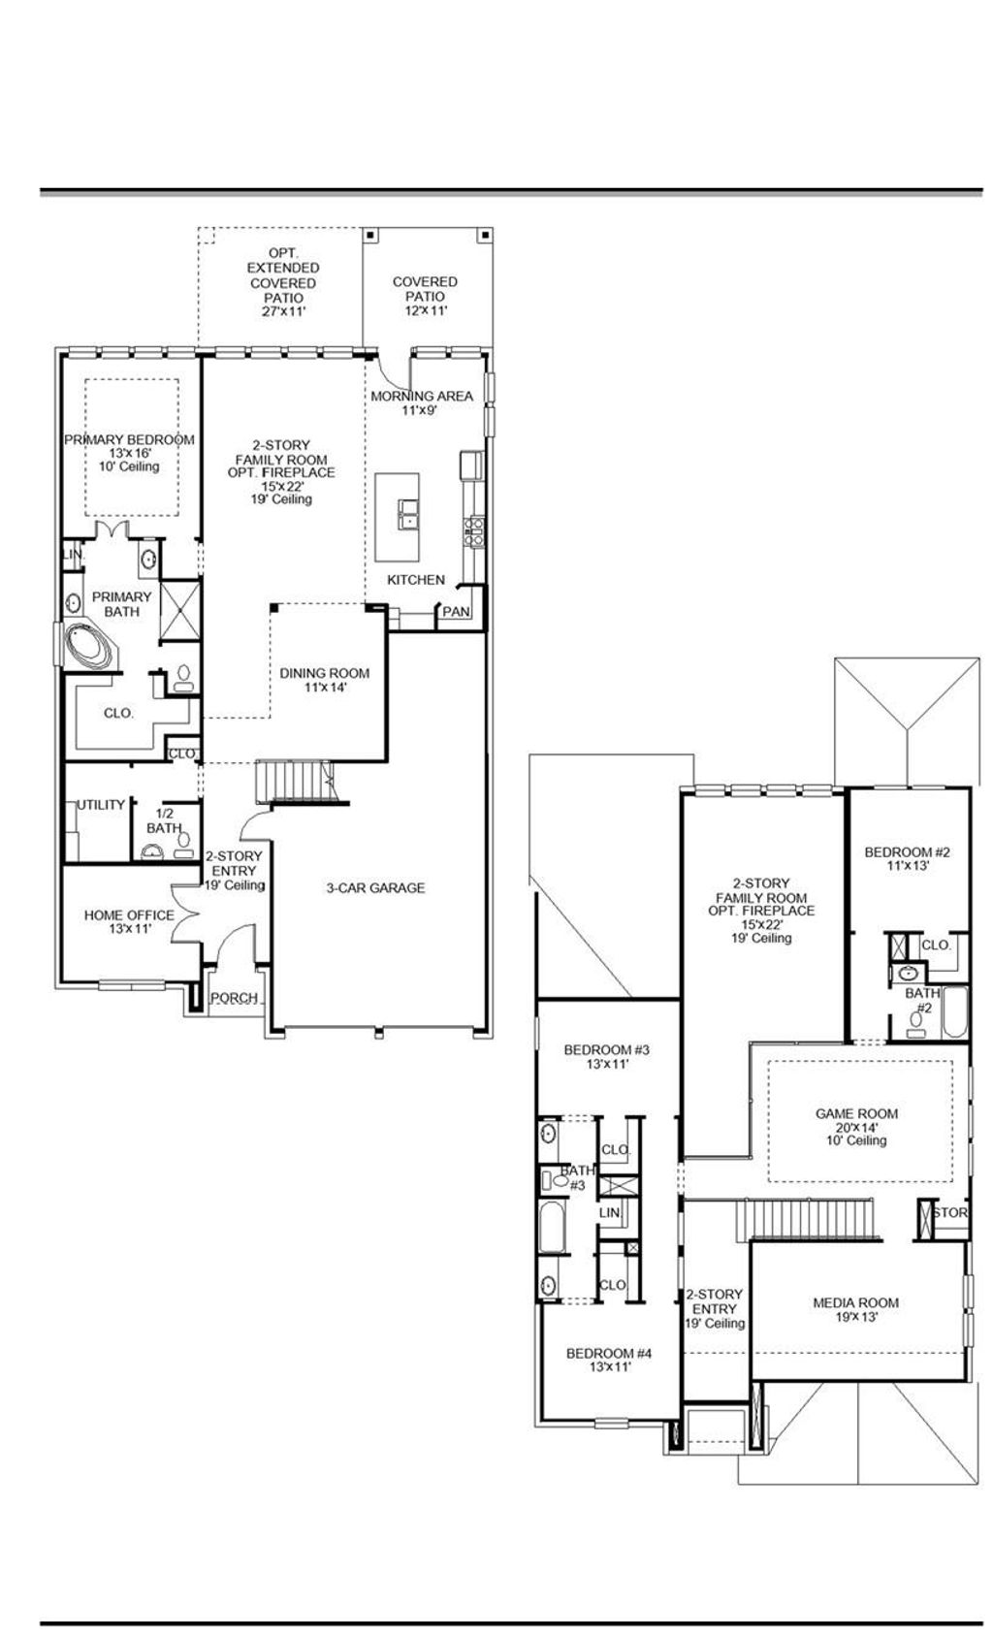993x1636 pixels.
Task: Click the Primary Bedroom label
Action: pyautogui.click(x=129, y=440)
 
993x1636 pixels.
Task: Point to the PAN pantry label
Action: pyautogui.click(x=456, y=612)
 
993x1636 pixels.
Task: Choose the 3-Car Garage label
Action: pyautogui.click(x=375, y=887)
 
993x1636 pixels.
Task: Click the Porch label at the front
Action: pyautogui.click(x=235, y=998)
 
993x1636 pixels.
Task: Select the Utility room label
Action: pyautogui.click(x=101, y=805)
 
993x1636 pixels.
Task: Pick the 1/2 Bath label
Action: pyautogui.click(x=164, y=821)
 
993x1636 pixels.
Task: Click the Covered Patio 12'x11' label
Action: pyautogui.click(x=425, y=289)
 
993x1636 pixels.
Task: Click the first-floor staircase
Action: pyautogui.click(x=296, y=782)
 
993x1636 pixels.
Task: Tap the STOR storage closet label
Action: pyautogui.click(x=950, y=1213)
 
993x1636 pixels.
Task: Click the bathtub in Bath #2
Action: pyautogui.click(x=954, y=1012)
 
